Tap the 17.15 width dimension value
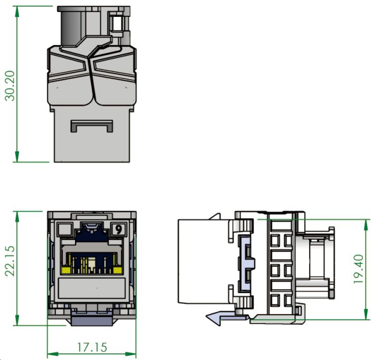coord(92,347)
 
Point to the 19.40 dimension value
coord(359,269)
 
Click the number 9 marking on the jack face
coord(119,230)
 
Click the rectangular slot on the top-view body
coord(92,126)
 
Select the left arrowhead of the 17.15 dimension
coord(51,353)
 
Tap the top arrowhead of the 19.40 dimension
coord(366,222)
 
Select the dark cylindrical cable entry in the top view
coord(69,26)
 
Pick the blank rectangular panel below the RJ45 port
coord(92,289)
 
